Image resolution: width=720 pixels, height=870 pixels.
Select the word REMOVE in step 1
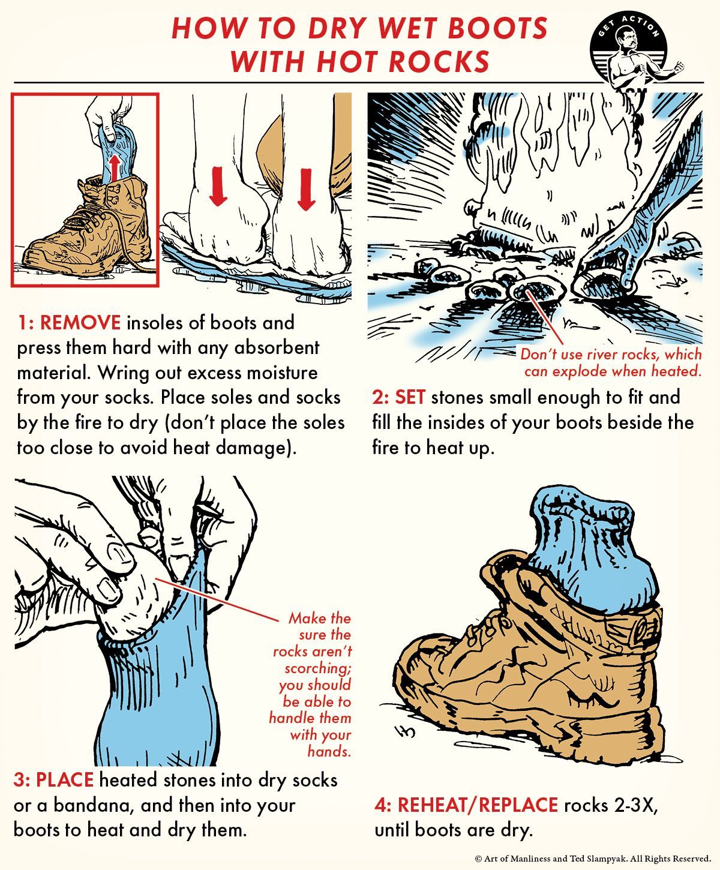click(80, 323)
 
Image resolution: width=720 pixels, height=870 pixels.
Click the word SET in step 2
click(410, 397)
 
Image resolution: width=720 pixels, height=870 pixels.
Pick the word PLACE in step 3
click(65, 780)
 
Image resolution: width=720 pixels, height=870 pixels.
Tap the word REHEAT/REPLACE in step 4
click(478, 805)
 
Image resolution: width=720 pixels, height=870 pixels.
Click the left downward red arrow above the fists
click(217, 186)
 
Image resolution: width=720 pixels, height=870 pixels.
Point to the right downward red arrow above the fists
click(306, 189)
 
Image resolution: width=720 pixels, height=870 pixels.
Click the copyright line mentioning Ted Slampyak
click(593, 859)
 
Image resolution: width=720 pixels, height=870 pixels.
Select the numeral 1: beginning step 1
click(25, 323)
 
